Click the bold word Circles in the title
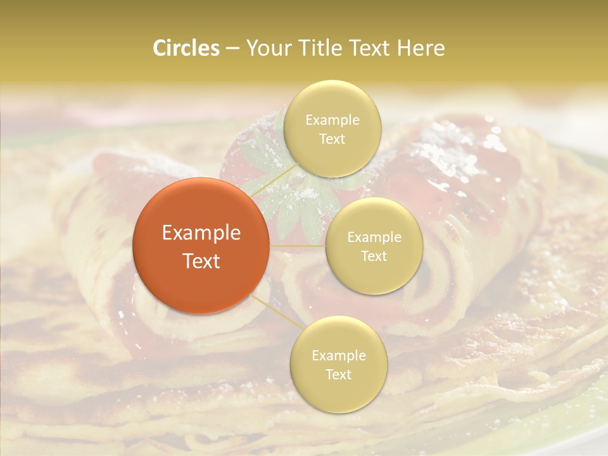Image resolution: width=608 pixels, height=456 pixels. coord(186,48)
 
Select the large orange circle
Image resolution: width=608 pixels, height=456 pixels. coord(201,246)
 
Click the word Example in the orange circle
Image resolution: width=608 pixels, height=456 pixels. coord(201,233)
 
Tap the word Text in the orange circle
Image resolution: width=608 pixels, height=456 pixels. coord(201,261)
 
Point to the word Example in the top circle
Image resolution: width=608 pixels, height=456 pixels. coord(332,120)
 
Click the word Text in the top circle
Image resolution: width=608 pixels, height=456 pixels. coord(332,139)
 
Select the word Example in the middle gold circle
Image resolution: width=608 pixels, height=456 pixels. coord(374,237)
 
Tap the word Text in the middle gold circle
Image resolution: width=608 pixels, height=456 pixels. coord(374,256)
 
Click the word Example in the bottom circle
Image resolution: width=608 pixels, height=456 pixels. coord(338,356)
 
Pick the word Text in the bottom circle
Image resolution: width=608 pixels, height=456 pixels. coord(338,375)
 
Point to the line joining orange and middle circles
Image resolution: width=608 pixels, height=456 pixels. coord(298,245)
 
